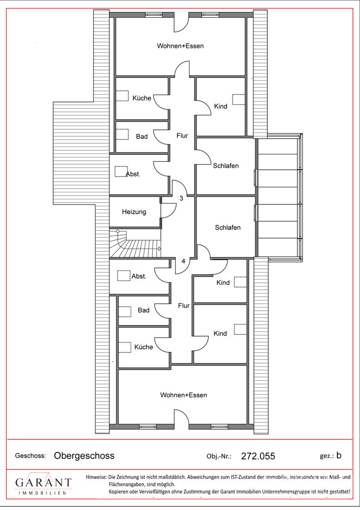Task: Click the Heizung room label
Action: point(134,212)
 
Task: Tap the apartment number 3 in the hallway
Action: point(181,198)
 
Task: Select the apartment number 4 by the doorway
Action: point(183,261)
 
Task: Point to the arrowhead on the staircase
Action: point(159,249)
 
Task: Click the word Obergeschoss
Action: point(84,456)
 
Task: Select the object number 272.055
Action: point(258,456)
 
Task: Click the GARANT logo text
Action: point(44,482)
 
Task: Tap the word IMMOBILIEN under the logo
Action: point(43,493)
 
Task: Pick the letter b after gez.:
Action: point(339,455)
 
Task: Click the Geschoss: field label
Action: point(31,456)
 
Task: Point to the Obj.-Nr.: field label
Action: point(219,456)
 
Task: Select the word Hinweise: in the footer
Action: point(96,478)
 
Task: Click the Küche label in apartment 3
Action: point(142,98)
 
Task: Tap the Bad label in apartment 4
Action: point(144,310)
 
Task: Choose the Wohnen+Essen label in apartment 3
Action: point(180,46)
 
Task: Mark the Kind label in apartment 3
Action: point(221,106)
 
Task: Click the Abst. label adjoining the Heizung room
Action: point(133,174)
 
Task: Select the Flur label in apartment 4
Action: point(183,306)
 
